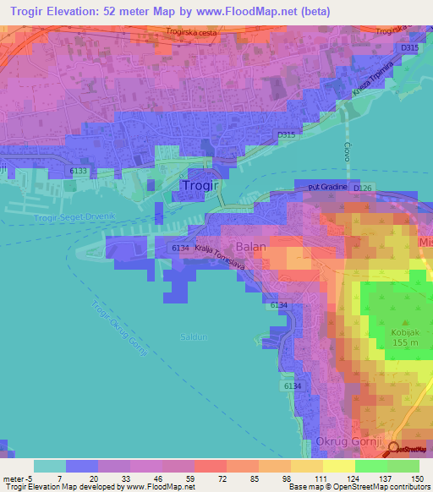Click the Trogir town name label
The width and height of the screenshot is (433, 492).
tap(202, 184)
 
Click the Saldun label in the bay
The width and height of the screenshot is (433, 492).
tap(194, 336)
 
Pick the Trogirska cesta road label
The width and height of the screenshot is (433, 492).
tap(193, 33)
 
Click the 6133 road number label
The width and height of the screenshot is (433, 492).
tap(78, 171)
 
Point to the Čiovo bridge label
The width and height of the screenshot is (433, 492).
tap(347, 152)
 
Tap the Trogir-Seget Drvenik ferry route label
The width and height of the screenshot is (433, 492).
tap(72, 218)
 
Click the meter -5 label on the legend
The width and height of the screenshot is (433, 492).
tap(17, 478)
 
